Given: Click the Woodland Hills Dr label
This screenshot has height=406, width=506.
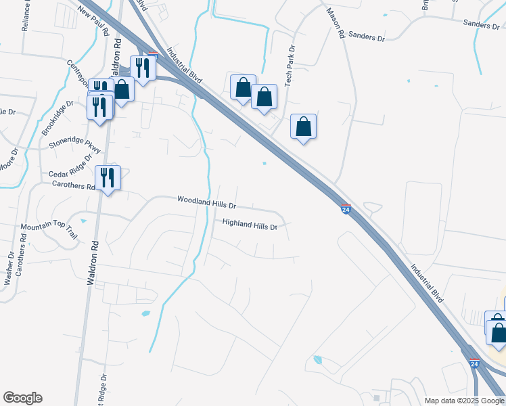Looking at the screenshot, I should (x=206, y=202).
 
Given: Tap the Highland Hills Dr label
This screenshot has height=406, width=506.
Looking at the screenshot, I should (x=250, y=225).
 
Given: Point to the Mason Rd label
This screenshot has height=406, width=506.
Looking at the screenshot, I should (x=336, y=23).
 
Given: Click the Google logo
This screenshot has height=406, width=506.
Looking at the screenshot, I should (x=22, y=398).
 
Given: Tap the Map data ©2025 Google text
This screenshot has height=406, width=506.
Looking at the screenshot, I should (x=464, y=401).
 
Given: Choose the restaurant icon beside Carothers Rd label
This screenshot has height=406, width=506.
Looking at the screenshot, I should (x=108, y=177).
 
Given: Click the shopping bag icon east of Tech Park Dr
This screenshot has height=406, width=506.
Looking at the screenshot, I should (x=304, y=126).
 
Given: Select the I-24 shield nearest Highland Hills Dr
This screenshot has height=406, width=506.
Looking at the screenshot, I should (x=346, y=209).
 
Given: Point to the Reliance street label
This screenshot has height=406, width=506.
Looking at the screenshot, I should (x=26, y=15).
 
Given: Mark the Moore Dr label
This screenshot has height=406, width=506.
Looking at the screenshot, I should (x=6, y=164).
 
